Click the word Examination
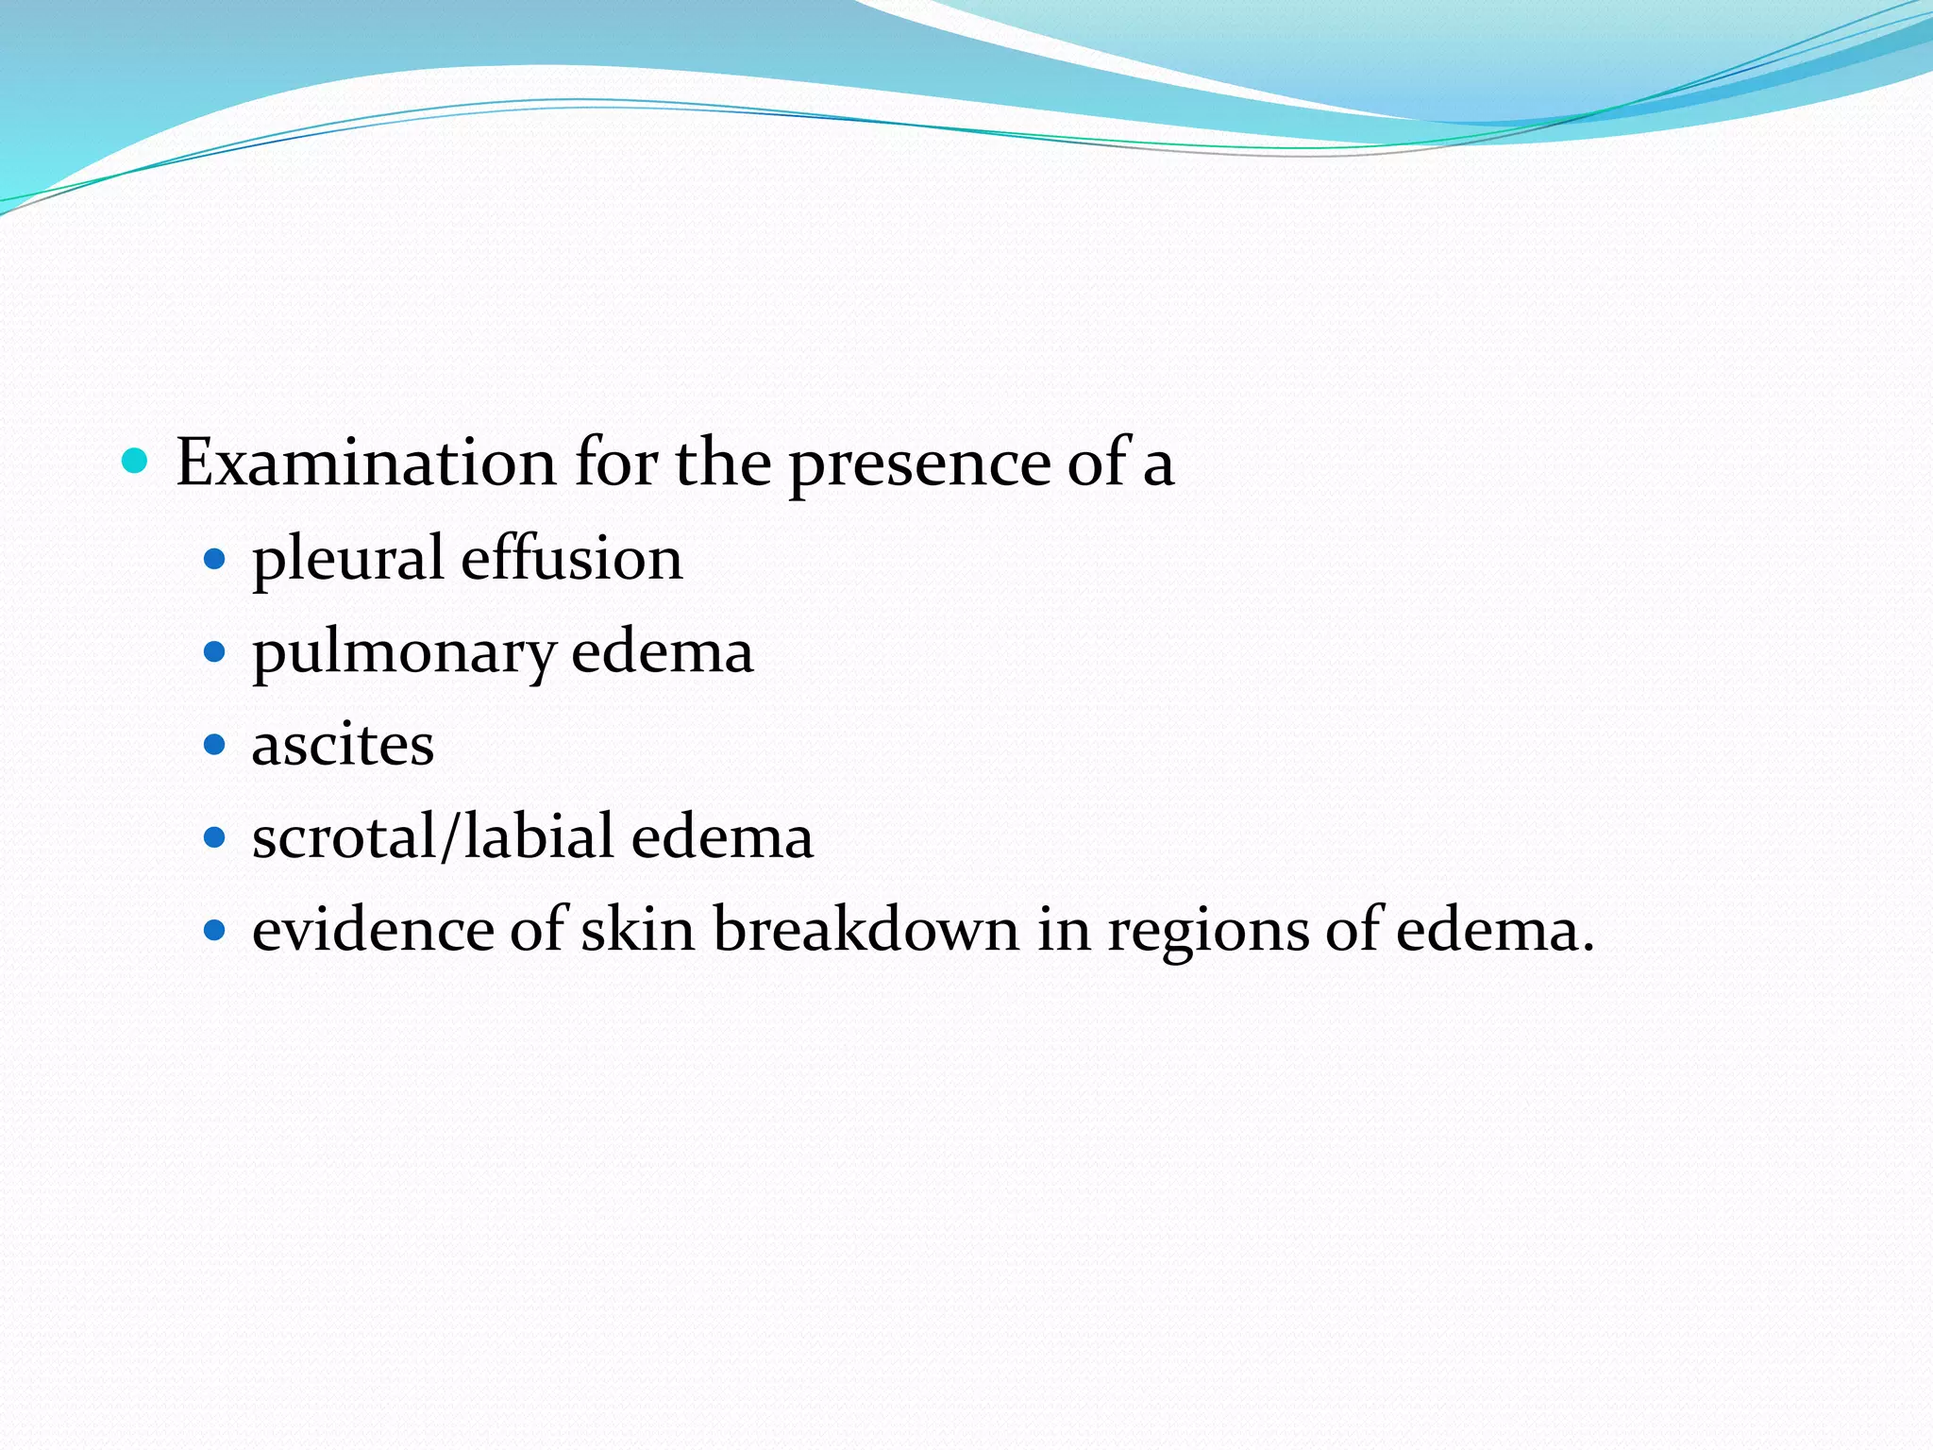click(x=365, y=463)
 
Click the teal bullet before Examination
click(x=136, y=461)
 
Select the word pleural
click(x=346, y=559)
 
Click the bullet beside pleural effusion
click(x=215, y=560)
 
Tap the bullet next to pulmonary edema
click(x=215, y=652)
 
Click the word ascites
click(x=343, y=744)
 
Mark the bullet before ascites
click(x=215, y=745)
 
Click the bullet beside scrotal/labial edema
click(x=215, y=837)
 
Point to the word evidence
click(x=373, y=929)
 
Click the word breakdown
click(x=866, y=929)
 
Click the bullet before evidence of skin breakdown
click(x=215, y=930)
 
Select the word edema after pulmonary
click(x=663, y=651)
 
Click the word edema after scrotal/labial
click(x=722, y=836)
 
